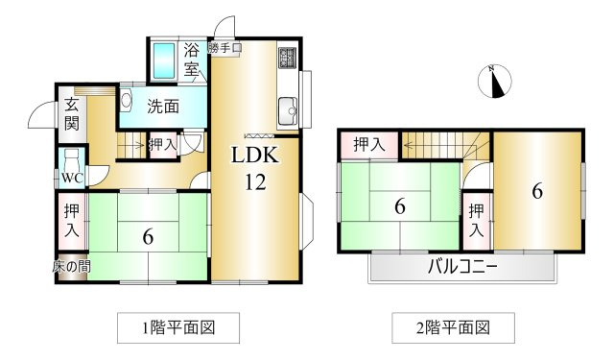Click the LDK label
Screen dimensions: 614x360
pos(255,156)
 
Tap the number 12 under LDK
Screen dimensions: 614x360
pos(255,181)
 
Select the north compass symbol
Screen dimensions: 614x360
pos(495,81)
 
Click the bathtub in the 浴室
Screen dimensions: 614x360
pos(164,60)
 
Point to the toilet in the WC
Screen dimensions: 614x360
pos(72,159)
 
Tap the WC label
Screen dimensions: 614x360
pos(73,179)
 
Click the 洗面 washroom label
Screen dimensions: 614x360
pos(163,107)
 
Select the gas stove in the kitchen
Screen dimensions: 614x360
pos(288,58)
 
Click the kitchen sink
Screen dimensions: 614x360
pos(288,110)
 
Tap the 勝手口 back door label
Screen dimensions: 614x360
pos(224,48)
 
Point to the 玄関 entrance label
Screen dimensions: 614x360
pos(72,114)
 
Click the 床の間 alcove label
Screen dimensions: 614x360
pos(72,267)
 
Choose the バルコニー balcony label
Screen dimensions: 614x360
pos(462,268)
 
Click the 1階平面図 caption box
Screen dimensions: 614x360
pos(178,328)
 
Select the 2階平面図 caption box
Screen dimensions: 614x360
pos(453,328)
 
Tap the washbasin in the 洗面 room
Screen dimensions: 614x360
pos(126,100)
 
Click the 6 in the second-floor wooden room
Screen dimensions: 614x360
pos(537,192)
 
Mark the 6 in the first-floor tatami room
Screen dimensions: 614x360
pos(148,236)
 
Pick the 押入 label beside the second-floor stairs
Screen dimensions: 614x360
pos(368,145)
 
